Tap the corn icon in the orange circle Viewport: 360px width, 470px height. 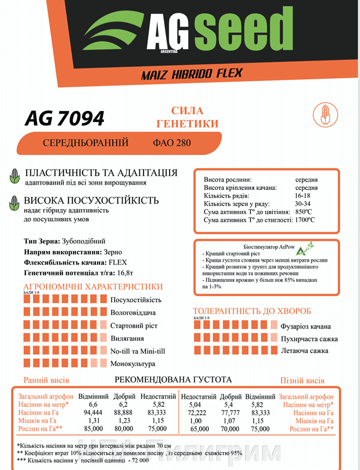pyautogui.click(x=323, y=115)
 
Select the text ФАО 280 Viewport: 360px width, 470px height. pyautogui.click(x=172, y=142)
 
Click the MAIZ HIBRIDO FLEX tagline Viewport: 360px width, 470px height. pyautogui.click(x=191, y=74)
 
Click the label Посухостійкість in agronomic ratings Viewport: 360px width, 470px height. pyautogui.click(x=136, y=300)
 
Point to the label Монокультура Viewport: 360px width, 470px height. pyautogui.click(x=133, y=364)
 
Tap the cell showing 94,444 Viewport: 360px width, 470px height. pyautogui.click(x=93, y=413)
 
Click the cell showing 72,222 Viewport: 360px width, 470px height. pyautogui.click(x=198, y=413)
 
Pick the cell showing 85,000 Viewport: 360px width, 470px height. pyautogui.click(x=93, y=429)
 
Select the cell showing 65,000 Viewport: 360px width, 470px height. pyautogui.click(x=198, y=429)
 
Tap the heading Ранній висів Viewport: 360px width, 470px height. pyautogui.click(x=46, y=380)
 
